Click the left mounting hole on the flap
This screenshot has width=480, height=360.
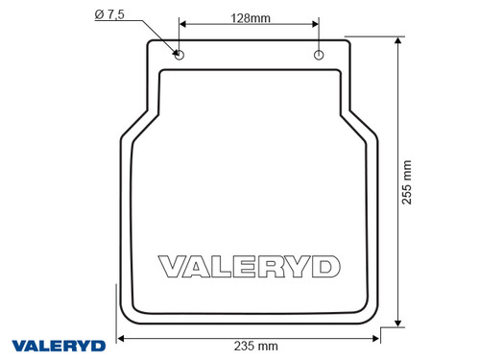tap(179, 56)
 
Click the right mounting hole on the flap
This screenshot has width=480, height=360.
tap(320, 56)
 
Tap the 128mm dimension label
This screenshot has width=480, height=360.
tap(250, 17)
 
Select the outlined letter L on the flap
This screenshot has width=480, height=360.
tap(218, 265)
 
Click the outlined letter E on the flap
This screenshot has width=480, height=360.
tap(240, 265)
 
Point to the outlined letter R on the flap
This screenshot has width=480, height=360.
tap(266, 265)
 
